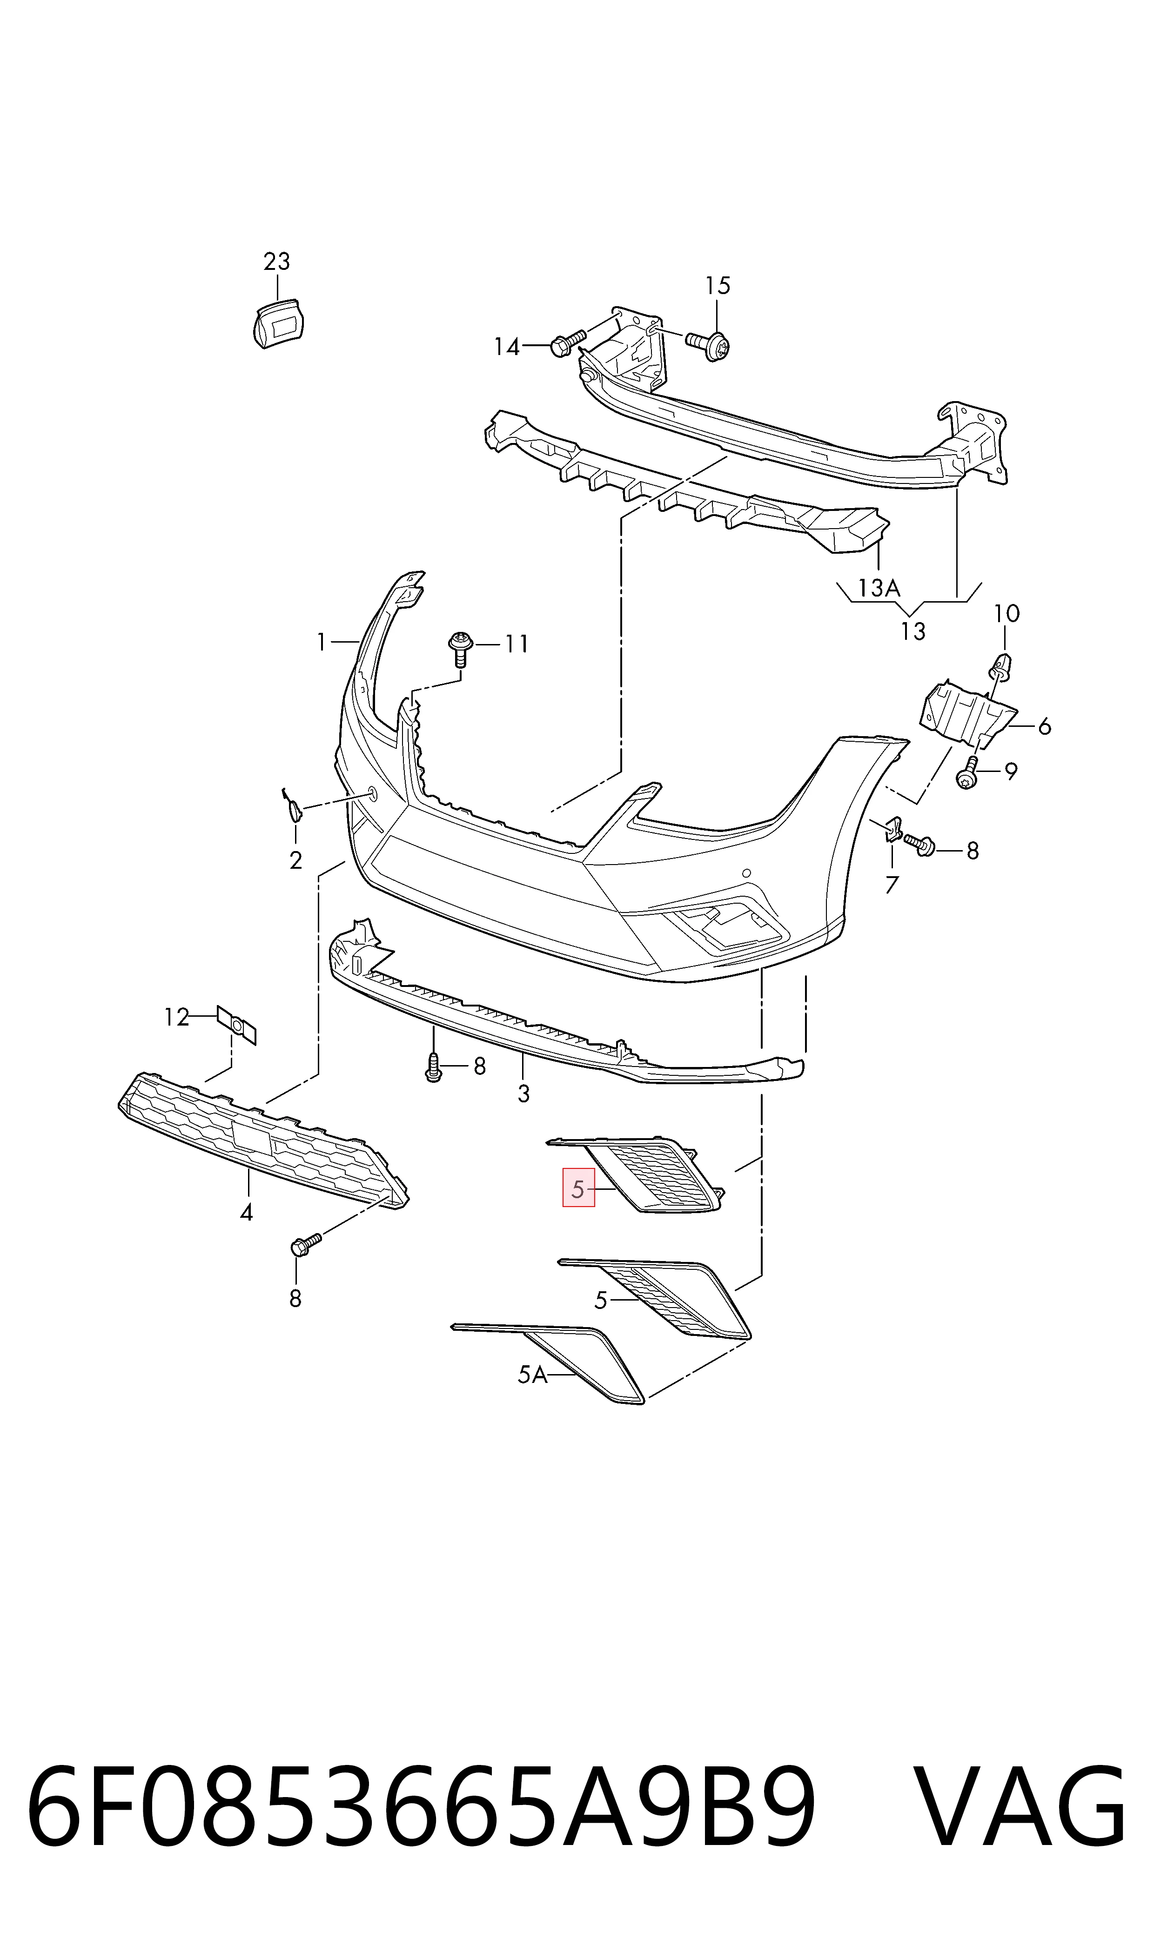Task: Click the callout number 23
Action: tap(277, 262)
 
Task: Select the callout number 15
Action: tap(718, 286)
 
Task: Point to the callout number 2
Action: tap(295, 860)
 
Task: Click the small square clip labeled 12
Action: tap(236, 1024)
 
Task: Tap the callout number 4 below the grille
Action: tap(247, 1212)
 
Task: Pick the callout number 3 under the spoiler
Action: tap(523, 1094)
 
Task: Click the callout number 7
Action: tap(892, 885)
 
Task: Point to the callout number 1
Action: tap(321, 642)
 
